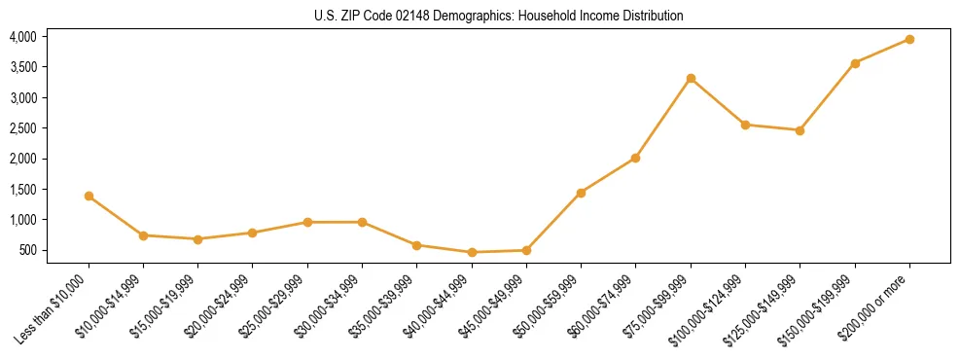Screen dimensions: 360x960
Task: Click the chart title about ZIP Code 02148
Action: (x=499, y=16)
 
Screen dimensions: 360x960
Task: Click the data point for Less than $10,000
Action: (x=89, y=196)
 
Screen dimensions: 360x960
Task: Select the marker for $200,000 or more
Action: (x=909, y=39)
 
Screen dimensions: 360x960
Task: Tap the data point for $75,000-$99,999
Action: (x=691, y=78)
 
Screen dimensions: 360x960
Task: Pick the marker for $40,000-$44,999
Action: (x=472, y=252)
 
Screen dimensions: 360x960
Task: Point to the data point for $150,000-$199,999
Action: (x=855, y=63)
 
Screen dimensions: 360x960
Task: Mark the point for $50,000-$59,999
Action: (x=581, y=193)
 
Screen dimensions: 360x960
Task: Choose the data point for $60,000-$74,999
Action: (x=635, y=158)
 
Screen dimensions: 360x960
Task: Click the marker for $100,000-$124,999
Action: (x=745, y=125)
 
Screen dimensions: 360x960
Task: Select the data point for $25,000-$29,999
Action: (x=307, y=222)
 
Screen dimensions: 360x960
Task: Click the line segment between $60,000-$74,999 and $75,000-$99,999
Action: (x=663, y=118)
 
